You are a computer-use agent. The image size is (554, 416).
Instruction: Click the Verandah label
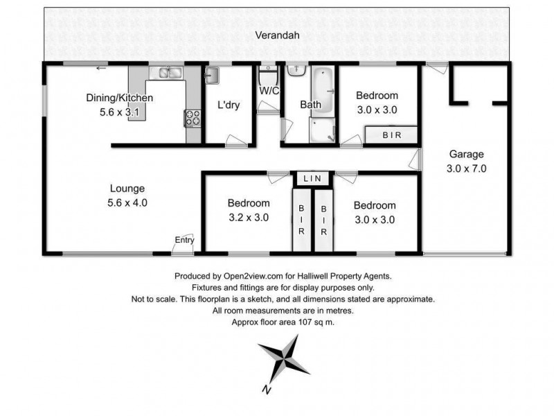coord(276,35)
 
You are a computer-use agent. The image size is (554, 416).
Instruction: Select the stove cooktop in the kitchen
coord(193,119)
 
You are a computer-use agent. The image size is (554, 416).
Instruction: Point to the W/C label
coord(269,91)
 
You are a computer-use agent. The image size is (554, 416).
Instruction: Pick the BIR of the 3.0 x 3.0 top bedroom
coord(391,135)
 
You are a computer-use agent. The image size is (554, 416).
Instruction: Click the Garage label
coord(466,155)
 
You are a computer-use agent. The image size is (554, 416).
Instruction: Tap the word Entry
coord(184,240)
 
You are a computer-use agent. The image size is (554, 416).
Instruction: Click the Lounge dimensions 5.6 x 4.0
coord(128,203)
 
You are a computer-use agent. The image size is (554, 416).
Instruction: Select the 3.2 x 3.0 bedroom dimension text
coord(249,217)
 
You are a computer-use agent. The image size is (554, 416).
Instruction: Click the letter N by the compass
coord(265,390)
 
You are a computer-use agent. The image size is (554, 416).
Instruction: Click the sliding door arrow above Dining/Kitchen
coord(102,68)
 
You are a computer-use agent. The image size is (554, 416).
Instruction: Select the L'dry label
coord(229,105)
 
